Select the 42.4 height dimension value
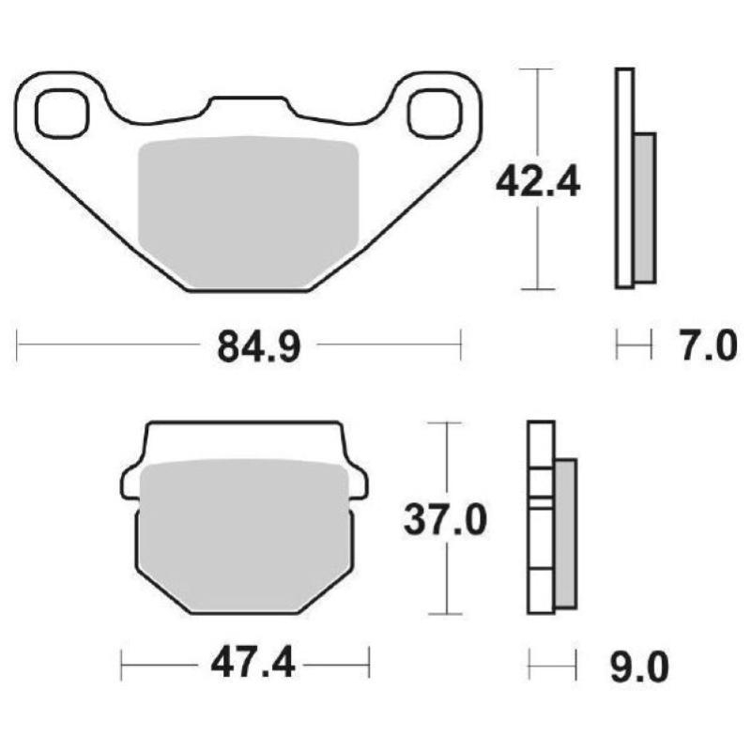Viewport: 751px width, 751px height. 538,181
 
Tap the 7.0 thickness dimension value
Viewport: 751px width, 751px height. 706,346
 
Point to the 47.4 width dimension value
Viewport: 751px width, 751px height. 247,666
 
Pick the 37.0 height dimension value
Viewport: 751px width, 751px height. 445,518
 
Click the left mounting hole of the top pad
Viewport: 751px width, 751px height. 62,112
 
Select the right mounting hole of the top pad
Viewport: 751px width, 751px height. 434,112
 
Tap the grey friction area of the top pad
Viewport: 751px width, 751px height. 249,211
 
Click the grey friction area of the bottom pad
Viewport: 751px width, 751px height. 244,535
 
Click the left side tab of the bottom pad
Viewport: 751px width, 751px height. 130,484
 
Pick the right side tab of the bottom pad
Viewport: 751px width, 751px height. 359,484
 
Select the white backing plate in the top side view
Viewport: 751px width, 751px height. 624,177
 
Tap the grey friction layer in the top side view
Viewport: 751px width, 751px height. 645,207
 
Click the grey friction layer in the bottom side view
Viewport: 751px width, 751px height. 566,531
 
